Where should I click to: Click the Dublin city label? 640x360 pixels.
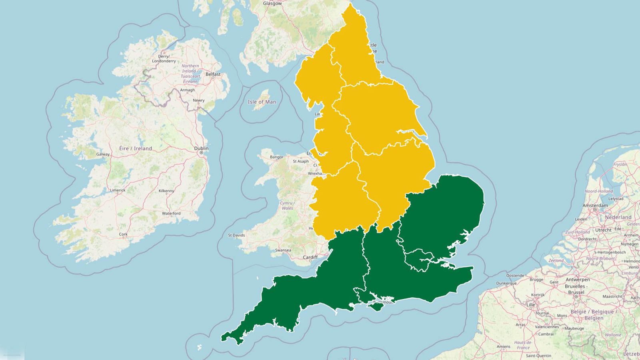coord(201,148)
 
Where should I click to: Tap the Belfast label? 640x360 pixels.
coord(213,74)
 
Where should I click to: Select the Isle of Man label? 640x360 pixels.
coord(262,102)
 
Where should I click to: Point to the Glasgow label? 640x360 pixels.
coord(272,3)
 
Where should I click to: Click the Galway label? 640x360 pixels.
coord(103,154)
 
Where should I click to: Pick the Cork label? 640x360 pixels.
coord(123,234)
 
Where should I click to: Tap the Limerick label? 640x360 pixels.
coord(118,190)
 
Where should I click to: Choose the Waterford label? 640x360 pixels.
coord(171,213)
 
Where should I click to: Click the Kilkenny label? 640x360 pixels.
coord(166,191)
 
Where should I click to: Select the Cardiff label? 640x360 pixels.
coord(310,257)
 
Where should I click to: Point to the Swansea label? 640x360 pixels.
coord(283,250)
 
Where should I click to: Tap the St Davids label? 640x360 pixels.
coord(236,235)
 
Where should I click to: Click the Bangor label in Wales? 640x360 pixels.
coord(276,157)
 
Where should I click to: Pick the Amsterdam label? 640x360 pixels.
coord(595,205)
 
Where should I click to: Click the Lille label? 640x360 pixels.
coord(531,304)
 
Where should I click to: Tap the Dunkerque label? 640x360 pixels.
coord(506,283)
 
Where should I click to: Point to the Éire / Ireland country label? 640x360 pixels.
coord(136,148)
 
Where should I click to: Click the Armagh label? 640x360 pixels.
coord(187,90)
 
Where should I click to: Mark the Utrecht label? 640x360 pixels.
coord(603,230)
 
